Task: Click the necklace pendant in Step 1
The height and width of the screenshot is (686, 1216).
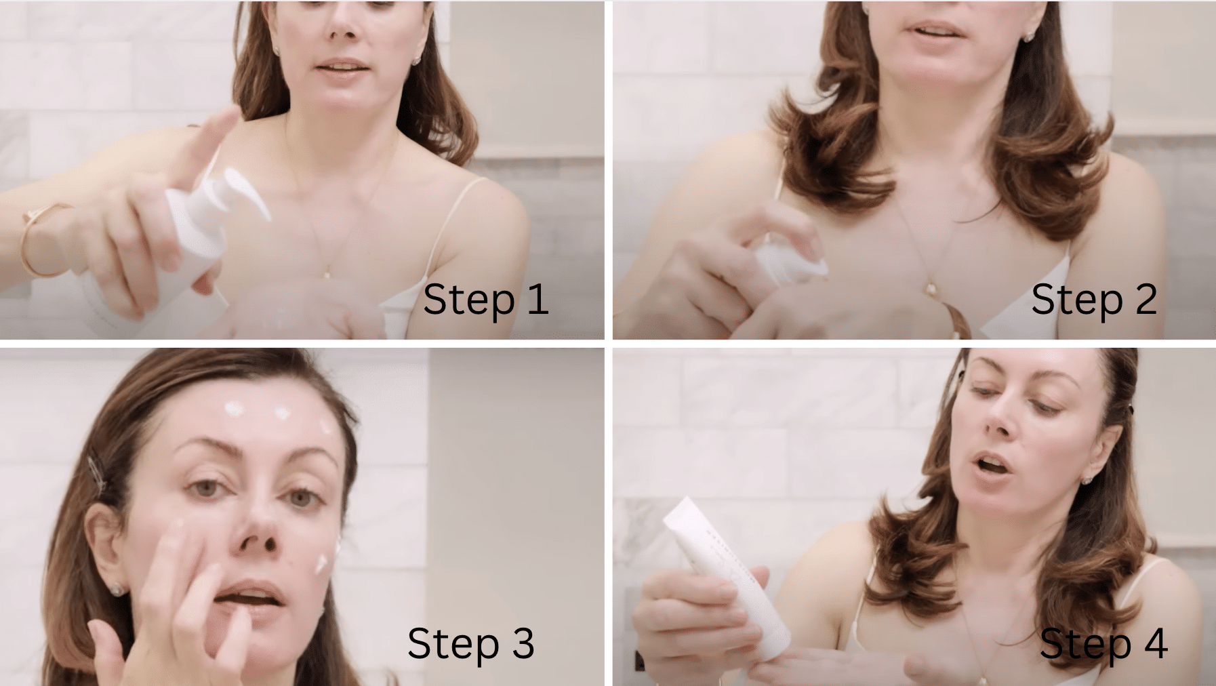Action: coord(326,273)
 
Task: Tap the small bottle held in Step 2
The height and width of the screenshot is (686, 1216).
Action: coord(790,262)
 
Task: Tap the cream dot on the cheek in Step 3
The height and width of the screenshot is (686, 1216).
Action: coord(322,563)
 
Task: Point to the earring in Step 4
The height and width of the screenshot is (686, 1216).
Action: coord(1087,480)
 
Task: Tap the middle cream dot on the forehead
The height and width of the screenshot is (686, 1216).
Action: coord(281,412)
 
